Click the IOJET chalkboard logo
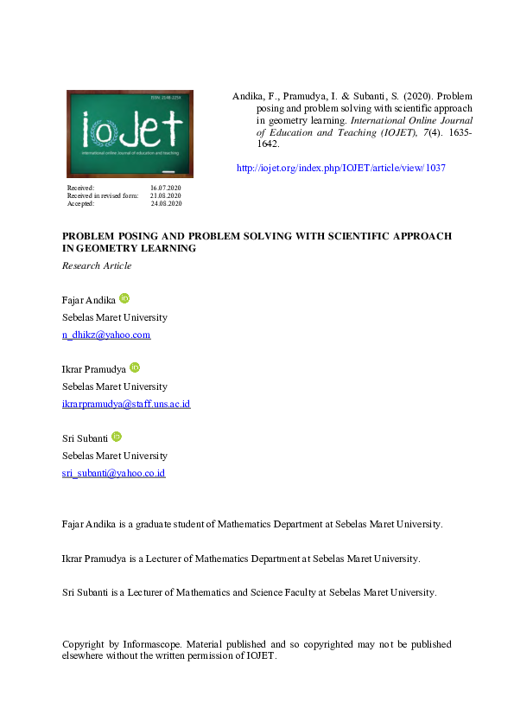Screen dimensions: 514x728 pos(130,134)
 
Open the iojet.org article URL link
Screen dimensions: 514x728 pos(340,168)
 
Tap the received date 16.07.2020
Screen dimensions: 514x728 pos(166,188)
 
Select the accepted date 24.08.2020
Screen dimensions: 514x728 pos(166,203)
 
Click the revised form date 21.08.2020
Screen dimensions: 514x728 pos(166,195)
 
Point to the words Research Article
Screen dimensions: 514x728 pos(97,265)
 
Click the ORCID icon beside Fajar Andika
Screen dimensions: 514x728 pos(124,298)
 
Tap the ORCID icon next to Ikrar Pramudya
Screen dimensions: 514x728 pos(134,367)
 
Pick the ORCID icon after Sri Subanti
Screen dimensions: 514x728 pos(117,437)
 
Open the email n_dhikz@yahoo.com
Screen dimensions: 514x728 pos(106,335)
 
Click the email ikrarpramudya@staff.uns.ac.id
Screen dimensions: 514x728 pos(126,404)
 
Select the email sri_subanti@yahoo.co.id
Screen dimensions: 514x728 pos(113,473)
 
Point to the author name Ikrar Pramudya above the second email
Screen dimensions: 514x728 pos(93,369)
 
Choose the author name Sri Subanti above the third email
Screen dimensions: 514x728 pos(85,438)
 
